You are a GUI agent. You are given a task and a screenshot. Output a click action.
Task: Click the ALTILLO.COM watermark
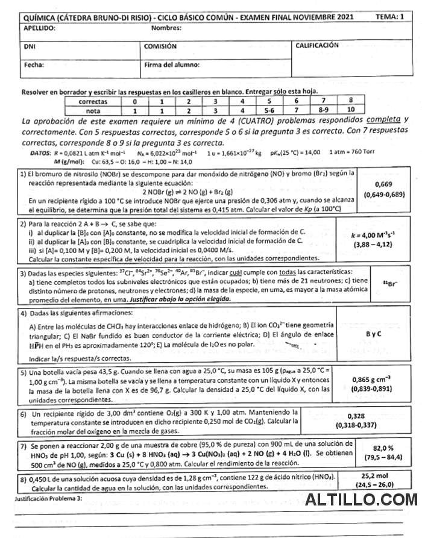pyautogui.click(x=361, y=500)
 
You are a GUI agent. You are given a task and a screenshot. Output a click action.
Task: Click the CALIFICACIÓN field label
pyautogui.click(x=316, y=45)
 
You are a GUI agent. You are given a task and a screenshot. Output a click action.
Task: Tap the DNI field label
pyautogui.click(x=29, y=46)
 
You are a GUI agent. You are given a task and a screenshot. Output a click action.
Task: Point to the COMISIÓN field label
pyautogui.click(x=160, y=46)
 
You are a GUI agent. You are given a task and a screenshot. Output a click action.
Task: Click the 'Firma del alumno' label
pyautogui.click(x=172, y=64)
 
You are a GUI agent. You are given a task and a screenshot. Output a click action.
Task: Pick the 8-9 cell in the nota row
pyautogui.click(x=324, y=111)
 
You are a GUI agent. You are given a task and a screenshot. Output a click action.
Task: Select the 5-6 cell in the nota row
pyautogui.click(x=269, y=111)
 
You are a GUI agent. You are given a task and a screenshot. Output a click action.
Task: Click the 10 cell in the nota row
pyautogui.click(x=351, y=111)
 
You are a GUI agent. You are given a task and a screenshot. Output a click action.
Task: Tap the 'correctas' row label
pyautogui.click(x=93, y=102)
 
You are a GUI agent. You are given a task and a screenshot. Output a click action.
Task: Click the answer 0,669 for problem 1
pyautogui.click(x=384, y=184)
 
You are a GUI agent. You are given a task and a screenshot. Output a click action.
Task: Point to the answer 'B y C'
pyautogui.click(x=374, y=333)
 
